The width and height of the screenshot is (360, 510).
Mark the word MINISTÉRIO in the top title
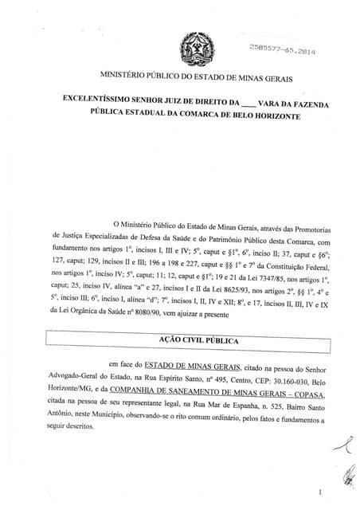(x=129, y=76)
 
